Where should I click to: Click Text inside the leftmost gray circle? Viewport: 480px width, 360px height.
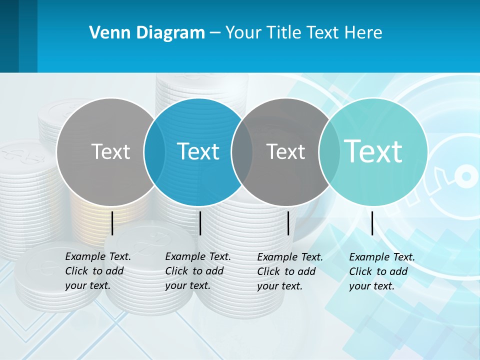pos(110,151)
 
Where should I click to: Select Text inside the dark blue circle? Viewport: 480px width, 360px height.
pos(198,151)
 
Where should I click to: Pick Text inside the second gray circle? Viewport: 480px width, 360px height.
pos(286,151)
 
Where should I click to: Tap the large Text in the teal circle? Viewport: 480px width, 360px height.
pos(373,151)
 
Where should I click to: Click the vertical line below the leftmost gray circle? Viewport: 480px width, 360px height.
pos(112,223)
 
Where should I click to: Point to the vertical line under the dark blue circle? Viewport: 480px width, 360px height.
pos(200,223)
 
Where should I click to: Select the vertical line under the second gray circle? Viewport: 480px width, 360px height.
pos(288,223)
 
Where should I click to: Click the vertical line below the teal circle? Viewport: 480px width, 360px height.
pos(372,223)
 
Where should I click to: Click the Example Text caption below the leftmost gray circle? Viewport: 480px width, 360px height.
pos(98,271)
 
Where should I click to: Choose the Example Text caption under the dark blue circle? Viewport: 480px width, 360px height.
pos(198,271)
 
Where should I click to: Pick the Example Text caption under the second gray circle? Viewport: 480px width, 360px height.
pos(290,271)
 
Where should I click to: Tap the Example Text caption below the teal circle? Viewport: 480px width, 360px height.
pos(382,271)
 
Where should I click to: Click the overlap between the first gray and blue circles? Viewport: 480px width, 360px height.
pos(154,151)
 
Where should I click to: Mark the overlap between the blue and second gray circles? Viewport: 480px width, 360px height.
pos(242,151)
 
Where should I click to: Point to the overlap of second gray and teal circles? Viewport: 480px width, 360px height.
pos(329,151)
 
